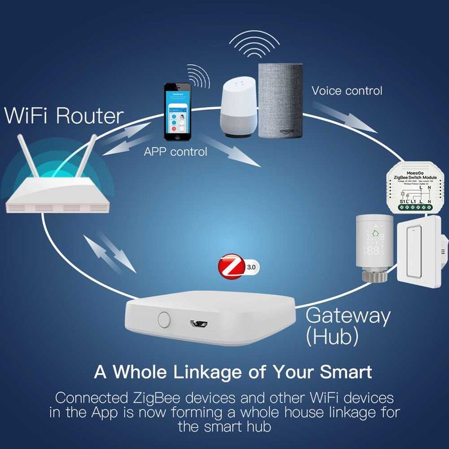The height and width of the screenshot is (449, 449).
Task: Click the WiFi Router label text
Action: [64, 116]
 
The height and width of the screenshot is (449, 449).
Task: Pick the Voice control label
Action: [346, 90]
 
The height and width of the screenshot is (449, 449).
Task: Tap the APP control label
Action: [175, 152]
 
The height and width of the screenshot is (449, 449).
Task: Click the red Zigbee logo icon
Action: [232, 266]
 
